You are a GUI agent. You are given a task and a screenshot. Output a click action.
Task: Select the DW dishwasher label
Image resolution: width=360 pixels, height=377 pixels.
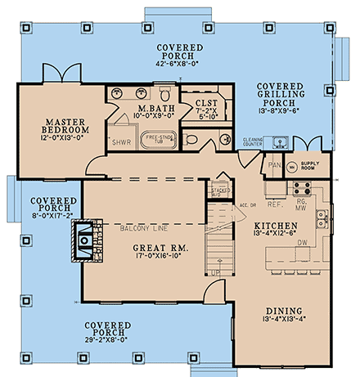(x=302, y=242)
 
